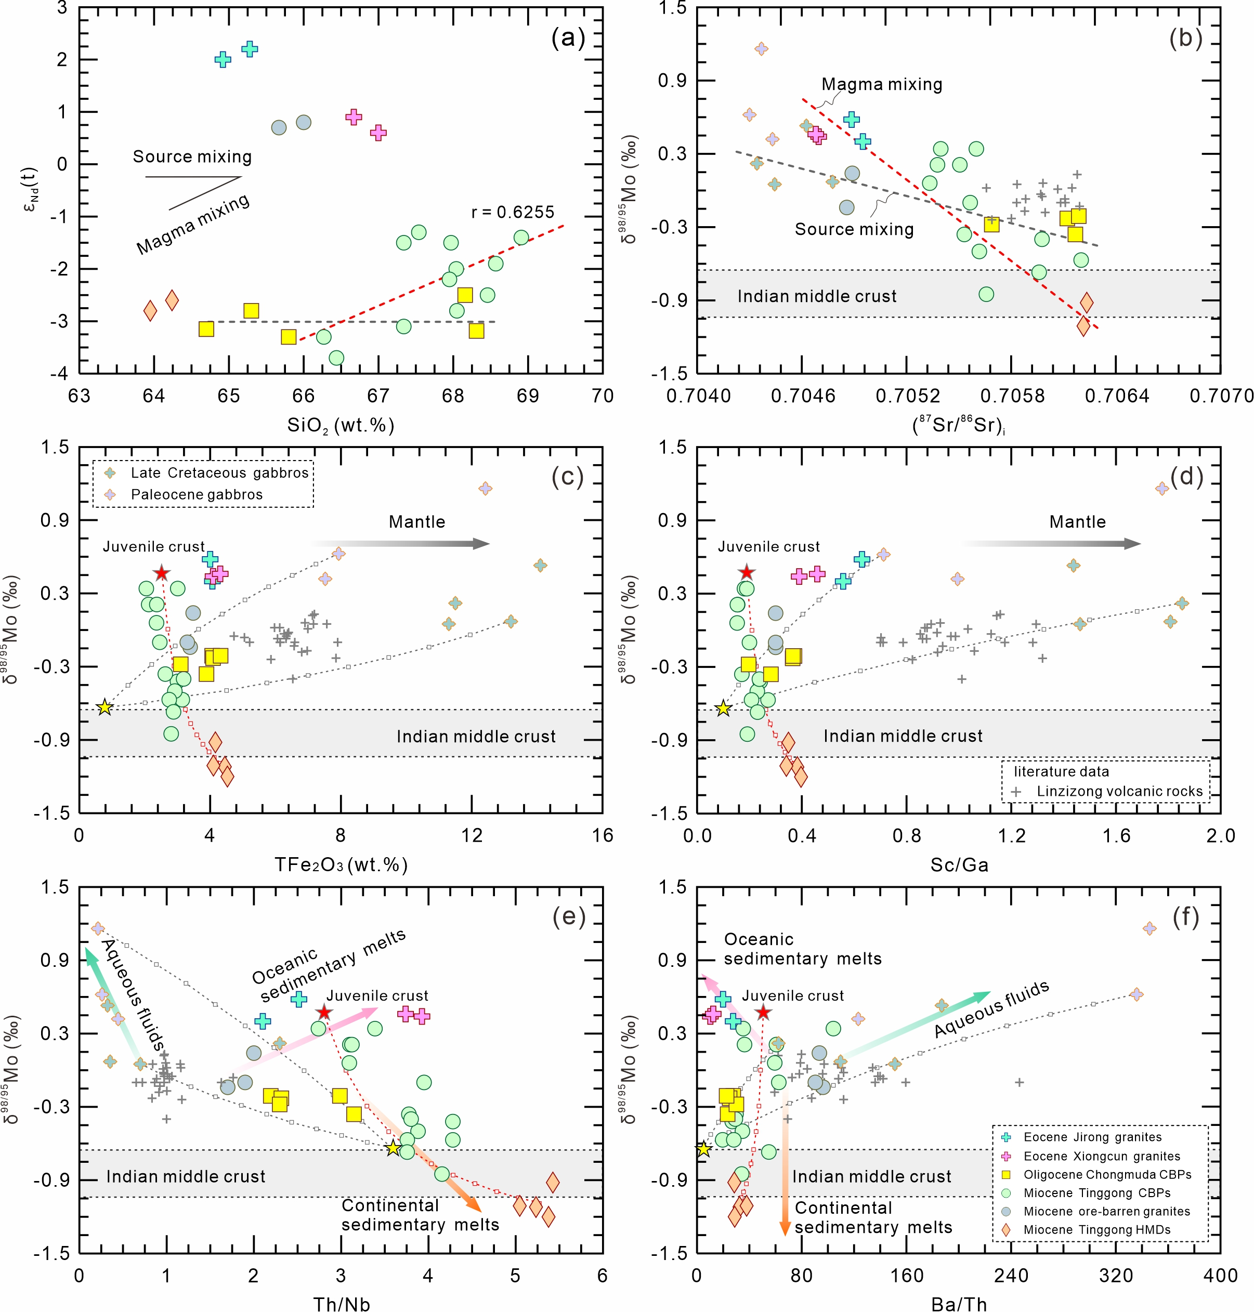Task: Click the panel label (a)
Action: point(568,38)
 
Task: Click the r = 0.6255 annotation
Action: point(513,212)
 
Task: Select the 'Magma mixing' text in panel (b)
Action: point(882,84)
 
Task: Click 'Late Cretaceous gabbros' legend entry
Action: point(219,473)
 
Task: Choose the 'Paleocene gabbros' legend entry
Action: point(197,494)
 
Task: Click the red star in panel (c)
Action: point(161,573)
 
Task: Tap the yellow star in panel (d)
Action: point(723,708)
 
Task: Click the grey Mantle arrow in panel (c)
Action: point(401,543)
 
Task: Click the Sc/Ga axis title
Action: point(959,865)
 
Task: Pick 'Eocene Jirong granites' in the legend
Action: point(1092,1137)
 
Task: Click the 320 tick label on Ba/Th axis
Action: point(1116,1275)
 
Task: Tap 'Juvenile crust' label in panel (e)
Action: point(377,996)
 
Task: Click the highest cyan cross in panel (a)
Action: point(250,49)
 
